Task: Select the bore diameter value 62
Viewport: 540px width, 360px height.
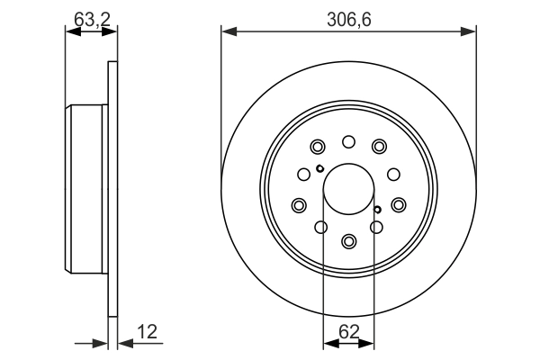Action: [x=348, y=332]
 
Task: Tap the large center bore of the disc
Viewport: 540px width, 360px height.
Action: [x=348, y=190]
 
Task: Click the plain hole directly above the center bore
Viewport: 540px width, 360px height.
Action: [x=348, y=141]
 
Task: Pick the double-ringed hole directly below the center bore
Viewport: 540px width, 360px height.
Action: [x=348, y=240]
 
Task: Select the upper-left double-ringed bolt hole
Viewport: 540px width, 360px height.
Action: [x=317, y=148]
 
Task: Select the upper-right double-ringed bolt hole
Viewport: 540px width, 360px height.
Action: [x=379, y=148]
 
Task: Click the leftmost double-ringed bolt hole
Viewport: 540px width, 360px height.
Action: [x=298, y=205]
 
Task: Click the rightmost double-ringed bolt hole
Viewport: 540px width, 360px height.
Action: [x=399, y=205]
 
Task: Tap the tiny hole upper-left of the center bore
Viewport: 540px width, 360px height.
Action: [x=319, y=168]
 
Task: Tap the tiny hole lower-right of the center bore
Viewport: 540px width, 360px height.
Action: [x=377, y=211]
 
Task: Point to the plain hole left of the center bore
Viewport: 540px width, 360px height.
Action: [x=304, y=175]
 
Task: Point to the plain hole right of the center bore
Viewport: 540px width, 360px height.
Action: [x=392, y=175]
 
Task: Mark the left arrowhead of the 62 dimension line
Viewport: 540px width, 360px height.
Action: [x=328, y=343]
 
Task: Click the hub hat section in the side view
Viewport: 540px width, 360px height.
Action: [x=88, y=190]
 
